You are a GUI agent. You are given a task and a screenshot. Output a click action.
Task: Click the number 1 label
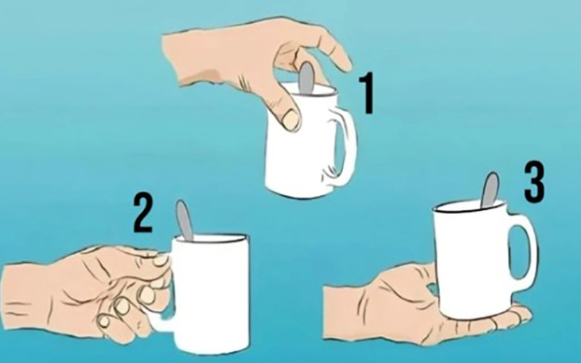(x=368, y=93)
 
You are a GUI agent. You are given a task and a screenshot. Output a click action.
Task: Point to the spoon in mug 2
(x=184, y=220)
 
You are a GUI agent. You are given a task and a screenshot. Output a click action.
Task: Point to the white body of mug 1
(x=294, y=159)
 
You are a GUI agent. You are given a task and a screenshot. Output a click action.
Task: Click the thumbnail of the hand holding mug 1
(x=290, y=120)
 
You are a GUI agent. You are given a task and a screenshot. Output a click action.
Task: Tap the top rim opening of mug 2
(x=209, y=239)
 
